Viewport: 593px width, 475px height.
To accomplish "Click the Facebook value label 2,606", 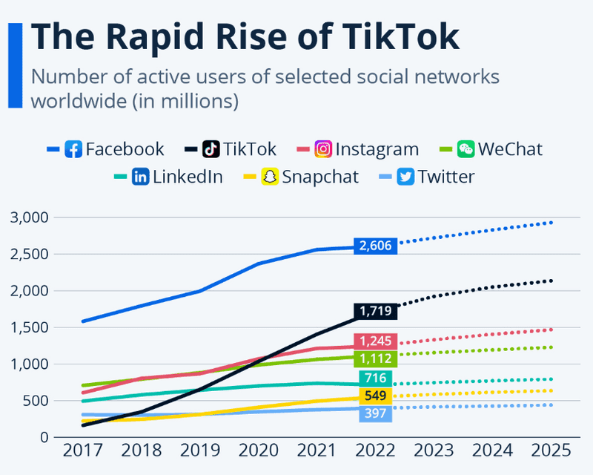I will [377, 246].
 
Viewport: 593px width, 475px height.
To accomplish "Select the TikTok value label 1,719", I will [377, 311].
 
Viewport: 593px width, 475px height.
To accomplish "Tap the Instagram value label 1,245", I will [377, 341].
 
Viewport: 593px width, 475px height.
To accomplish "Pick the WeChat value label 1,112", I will [377, 359].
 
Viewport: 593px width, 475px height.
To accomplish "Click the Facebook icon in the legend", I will [73, 149].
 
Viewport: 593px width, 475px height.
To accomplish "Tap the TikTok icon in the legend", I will [211, 149].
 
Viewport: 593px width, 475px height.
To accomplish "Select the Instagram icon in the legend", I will [323, 149].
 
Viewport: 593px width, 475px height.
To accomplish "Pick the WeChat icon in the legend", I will [466, 149].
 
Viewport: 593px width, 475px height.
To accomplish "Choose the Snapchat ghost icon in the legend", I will [270, 177].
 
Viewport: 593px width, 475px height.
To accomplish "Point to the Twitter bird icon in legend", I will [405, 177].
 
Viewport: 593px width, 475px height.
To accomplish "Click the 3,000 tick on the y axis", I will [29, 217].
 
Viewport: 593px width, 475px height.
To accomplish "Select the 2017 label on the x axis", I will [82, 451].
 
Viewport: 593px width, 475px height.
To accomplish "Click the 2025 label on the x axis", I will [551, 451].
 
